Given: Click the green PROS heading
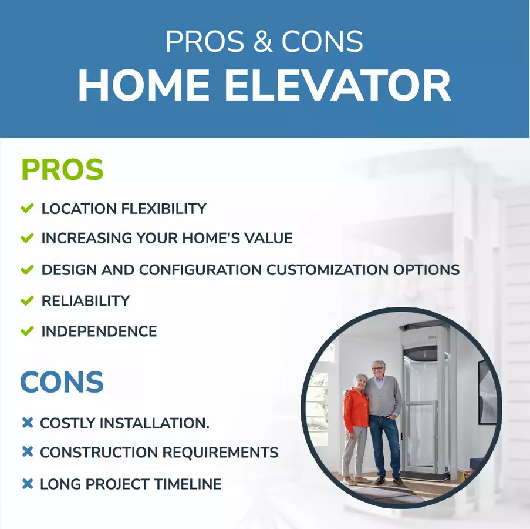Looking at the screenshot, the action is click(63, 169).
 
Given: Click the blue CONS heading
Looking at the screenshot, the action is click(62, 382).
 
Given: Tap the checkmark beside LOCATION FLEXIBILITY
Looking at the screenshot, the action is click(27, 208).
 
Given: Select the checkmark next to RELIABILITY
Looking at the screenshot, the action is click(27, 300).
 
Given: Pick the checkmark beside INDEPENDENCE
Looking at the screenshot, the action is click(27, 331).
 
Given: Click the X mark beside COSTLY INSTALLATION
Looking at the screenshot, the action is click(28, 423).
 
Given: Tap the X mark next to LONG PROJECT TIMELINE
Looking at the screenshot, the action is click(28, 484).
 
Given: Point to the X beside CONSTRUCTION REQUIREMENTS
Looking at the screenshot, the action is click(28, 451).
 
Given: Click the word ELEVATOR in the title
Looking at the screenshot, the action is click(337, 85).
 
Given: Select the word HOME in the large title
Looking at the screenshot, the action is click(144, 85).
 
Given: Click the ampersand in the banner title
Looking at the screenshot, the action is click(262, 41).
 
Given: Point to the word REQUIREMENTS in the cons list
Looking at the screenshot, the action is click(221, 452).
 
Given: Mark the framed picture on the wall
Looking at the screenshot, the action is click(487, 393).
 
